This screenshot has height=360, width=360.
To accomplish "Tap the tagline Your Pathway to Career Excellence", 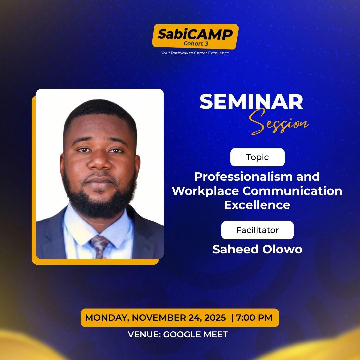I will [x=195, y=53].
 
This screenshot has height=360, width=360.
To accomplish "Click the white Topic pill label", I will [x=257, y=157].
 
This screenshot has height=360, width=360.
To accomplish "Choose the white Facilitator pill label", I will [x=257, y=230].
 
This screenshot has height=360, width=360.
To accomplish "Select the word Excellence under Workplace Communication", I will [x=257, y=205].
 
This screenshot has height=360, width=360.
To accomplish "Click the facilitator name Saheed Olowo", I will [x=257, y=249].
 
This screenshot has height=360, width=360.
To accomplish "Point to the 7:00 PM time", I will [x=254, y=318].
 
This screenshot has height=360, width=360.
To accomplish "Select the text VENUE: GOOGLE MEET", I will [x=178, y=334].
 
